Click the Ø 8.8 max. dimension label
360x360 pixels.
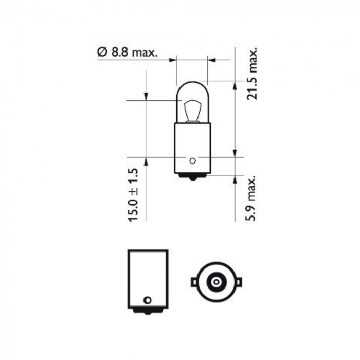(x=127, y=52)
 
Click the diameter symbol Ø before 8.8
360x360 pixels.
(x=101, y=52)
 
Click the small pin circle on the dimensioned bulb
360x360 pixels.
(x=192, y=160)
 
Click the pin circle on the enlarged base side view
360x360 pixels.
(x=148, y=299)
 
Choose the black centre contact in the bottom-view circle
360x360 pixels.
(x=215, y=282)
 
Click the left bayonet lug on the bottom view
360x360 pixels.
(x=194, y=282)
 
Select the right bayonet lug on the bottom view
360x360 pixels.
(x=237, y=282)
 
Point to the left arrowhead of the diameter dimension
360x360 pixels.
(x=173, y=60)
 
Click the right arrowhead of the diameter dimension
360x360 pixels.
(x=211, y=60)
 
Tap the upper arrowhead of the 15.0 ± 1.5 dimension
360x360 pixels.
(x=146, y=97)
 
